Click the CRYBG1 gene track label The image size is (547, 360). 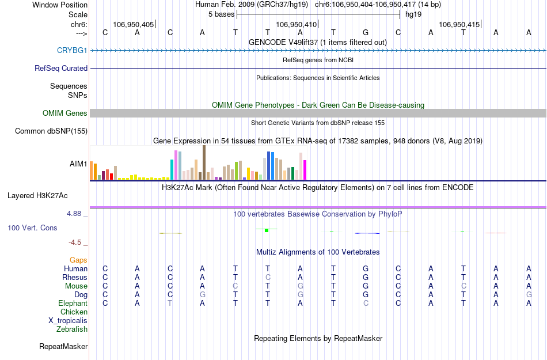point(72,50)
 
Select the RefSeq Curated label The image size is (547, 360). point(61,68)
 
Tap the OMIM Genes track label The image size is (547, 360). point(65,113)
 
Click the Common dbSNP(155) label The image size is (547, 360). point(51,131)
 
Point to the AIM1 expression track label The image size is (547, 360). point(78,164)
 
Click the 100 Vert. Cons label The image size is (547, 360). point(32,228)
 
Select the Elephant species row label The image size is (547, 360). point(73,304)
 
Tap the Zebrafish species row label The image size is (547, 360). point(72,329)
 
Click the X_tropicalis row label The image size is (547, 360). point(68,321)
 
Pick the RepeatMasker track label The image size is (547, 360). point(63,347)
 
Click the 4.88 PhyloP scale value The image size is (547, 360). point(75,214)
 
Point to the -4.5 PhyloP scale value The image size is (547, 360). point(76,242)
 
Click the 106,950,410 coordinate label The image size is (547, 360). point(296,25)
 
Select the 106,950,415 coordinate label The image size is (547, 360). point(458,25)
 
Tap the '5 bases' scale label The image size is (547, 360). point(221,14)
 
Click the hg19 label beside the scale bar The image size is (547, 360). point(413,14)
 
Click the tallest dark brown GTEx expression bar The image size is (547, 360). point(204,162)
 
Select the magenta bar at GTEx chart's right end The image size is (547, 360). point(305,169)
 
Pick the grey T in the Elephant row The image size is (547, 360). point(170,304)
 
